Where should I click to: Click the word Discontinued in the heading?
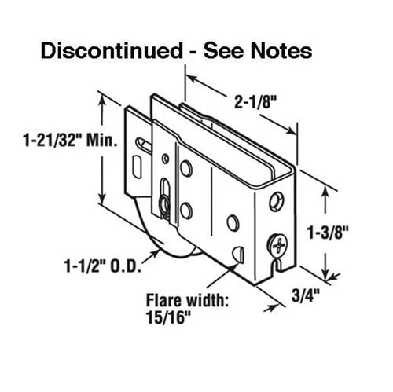(112, 51)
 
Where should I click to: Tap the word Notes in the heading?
(281, 51)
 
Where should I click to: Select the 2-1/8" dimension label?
(255, 102)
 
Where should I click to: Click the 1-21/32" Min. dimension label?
(70, 140)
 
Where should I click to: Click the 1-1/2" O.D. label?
(103, 266)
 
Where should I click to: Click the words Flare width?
(188, 300)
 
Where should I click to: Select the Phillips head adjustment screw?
(277, 245)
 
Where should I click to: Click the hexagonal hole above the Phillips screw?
(277, 202)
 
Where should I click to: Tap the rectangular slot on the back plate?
(138, 167)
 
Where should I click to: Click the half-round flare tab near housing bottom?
(238, 255)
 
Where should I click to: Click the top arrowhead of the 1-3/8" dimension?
(325, 192)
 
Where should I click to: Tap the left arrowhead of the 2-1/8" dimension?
(191, 78)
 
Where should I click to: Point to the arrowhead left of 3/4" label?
(270, 308)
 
